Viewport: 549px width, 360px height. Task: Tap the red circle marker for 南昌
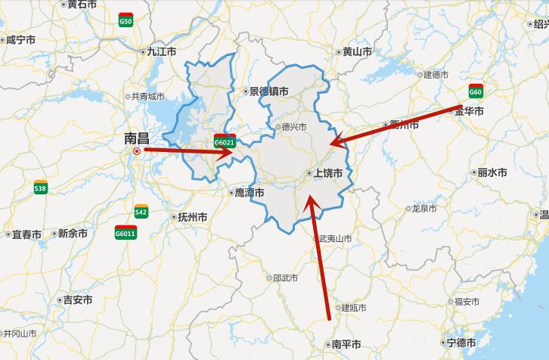(x=137, y=151)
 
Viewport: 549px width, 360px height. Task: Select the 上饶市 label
(x=328, y=173)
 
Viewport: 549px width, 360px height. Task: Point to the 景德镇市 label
(x=268, y=92)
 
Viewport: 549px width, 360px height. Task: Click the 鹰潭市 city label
(x=249, y=193)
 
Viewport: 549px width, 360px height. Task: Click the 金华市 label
(x=469, y=111)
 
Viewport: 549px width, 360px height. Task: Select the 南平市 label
(x=346, y=344)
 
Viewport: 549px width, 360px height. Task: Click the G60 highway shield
(x=476, y=92)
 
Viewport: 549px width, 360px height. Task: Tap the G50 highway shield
(x=126, y=21)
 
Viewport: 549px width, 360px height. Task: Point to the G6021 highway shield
(x=225, y=141)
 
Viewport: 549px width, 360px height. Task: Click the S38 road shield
(x=40, y=188)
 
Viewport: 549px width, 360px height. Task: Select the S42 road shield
(x=141, y=212)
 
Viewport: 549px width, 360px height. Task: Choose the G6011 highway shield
(x=126, y=233)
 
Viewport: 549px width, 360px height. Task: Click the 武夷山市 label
(x=334, y=238)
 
